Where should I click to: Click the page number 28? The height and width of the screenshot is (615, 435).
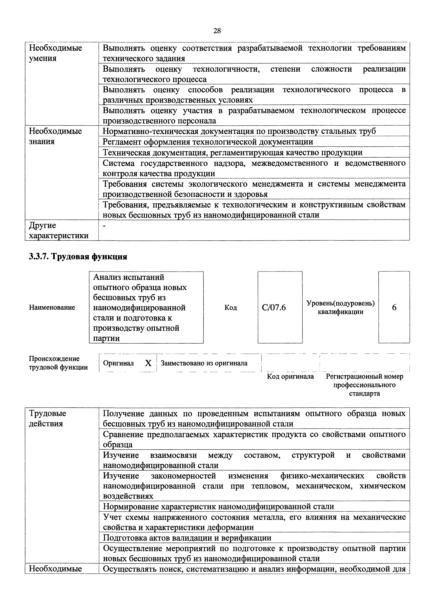[217, 31]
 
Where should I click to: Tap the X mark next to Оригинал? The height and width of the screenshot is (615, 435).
[148, 363]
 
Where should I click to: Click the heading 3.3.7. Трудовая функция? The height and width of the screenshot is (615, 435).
[78, 257]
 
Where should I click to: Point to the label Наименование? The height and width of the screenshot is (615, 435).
[52, 307]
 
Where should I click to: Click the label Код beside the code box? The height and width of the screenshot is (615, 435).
[231, 307]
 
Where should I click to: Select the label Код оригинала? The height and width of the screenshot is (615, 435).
[290, 376]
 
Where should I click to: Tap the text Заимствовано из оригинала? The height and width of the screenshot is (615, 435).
[204, 363]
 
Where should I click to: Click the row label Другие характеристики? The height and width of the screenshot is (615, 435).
[58, 230]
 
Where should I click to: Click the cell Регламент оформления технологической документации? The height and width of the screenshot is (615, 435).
[208, 142]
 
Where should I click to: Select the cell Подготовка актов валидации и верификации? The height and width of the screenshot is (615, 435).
[187, 538]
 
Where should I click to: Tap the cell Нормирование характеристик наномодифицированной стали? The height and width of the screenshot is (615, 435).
[218, 506]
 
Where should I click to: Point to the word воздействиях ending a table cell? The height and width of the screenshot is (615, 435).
[128, 496]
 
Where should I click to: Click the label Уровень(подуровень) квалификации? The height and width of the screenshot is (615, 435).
[340, 307]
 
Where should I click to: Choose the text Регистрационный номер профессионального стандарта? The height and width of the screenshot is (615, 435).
[364, 385]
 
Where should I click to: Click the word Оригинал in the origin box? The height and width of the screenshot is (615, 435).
[118, 363]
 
